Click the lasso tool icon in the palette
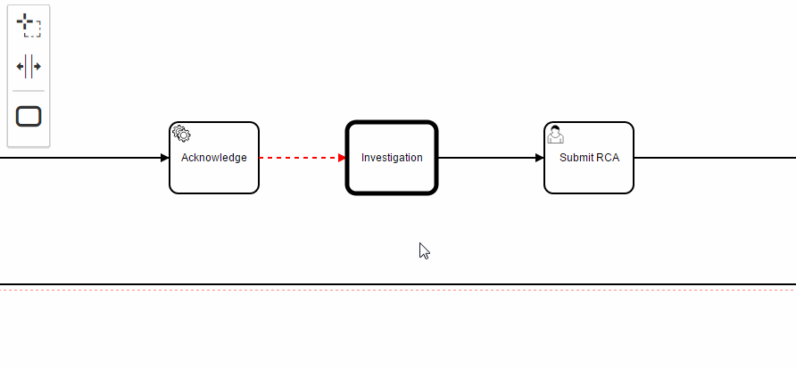(x=29, y=26)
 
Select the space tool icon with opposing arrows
(x=29, y=67)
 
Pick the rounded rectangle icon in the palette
(x=29, y=116)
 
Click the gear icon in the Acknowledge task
(x=181, y=134)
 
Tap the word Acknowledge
(x=214, y=158)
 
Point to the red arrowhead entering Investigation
(x=342, y=158)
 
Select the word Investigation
(x=392, y=158)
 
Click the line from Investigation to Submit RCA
(x=486, y=158)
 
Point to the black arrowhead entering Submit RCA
(x=539, y=158)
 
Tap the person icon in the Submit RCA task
(x=556, y=135)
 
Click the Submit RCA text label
(x=589, y=158)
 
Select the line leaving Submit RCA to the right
(x=714, y=158)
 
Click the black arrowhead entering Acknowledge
(x=164, y=158)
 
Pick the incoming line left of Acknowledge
(x=80, y=158)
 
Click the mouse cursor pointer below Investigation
(x=425, y=251)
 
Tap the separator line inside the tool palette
(x=29, y=91)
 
